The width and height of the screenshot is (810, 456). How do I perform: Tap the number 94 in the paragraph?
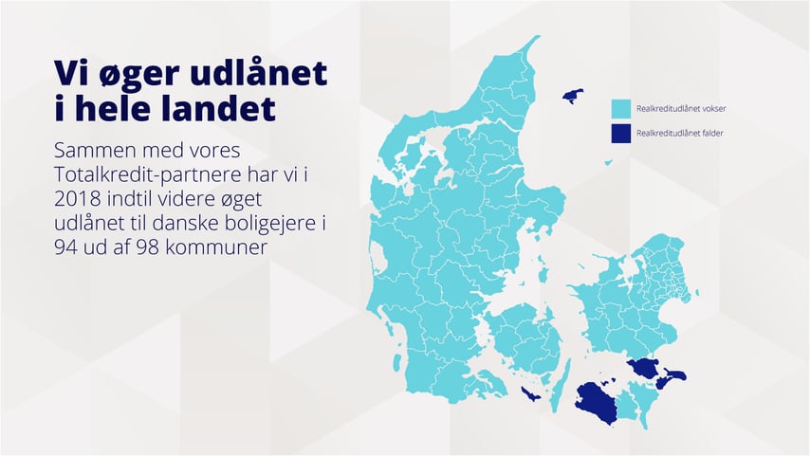coord(66,247)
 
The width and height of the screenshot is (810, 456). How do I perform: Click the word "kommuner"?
coord(218,247)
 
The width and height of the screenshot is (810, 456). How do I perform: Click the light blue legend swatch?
coord(621,109)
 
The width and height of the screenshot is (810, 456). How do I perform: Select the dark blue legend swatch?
coord(621,134)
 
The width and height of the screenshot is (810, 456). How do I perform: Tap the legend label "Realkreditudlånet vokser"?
coord(681,109)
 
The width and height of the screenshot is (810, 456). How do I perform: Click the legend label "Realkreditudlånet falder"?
coord(679,134)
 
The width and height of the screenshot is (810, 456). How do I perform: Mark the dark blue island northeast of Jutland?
coord(573,96)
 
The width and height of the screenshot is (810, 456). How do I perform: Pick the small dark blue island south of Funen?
coord(530,394)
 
